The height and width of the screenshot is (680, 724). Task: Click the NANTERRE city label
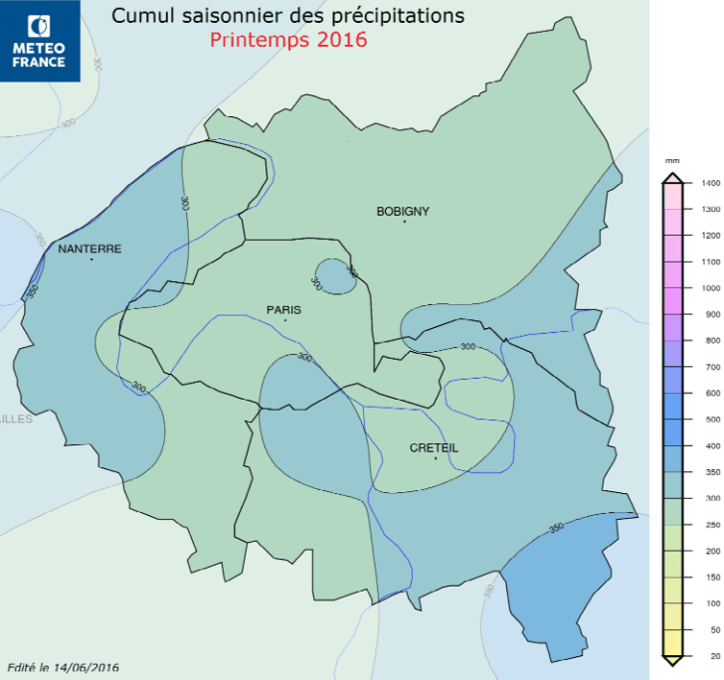(x=90, y=249)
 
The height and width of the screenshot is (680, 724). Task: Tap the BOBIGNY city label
(x=403, y=211)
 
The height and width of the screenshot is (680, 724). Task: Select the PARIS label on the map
(x=283, y=309)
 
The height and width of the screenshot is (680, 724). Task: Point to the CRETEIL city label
(x=434, y=448)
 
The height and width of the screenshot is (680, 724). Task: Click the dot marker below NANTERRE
(x=91, y=259)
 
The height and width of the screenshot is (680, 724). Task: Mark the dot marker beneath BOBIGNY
(x=405, y=222)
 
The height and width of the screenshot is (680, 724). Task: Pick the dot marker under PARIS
(x=285, y=320)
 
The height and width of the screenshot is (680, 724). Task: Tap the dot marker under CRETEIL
(x=436, y=458)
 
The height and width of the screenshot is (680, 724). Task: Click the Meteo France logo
(x=40, y=41)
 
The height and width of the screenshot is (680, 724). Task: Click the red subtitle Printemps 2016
(x=288, y=41)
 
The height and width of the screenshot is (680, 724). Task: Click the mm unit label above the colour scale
(x=672, y=160)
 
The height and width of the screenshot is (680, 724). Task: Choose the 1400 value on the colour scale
(x=709, y=184)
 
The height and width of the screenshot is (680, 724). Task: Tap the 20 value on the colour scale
(x=709, y=655)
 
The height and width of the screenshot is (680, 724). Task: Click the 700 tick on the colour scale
(x=709, y=368)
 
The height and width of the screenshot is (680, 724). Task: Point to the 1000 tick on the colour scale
(x=709, y=288)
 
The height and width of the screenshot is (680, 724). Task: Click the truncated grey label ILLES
(x=16, y=419)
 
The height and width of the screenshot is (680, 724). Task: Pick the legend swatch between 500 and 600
(x=673, y=407)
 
